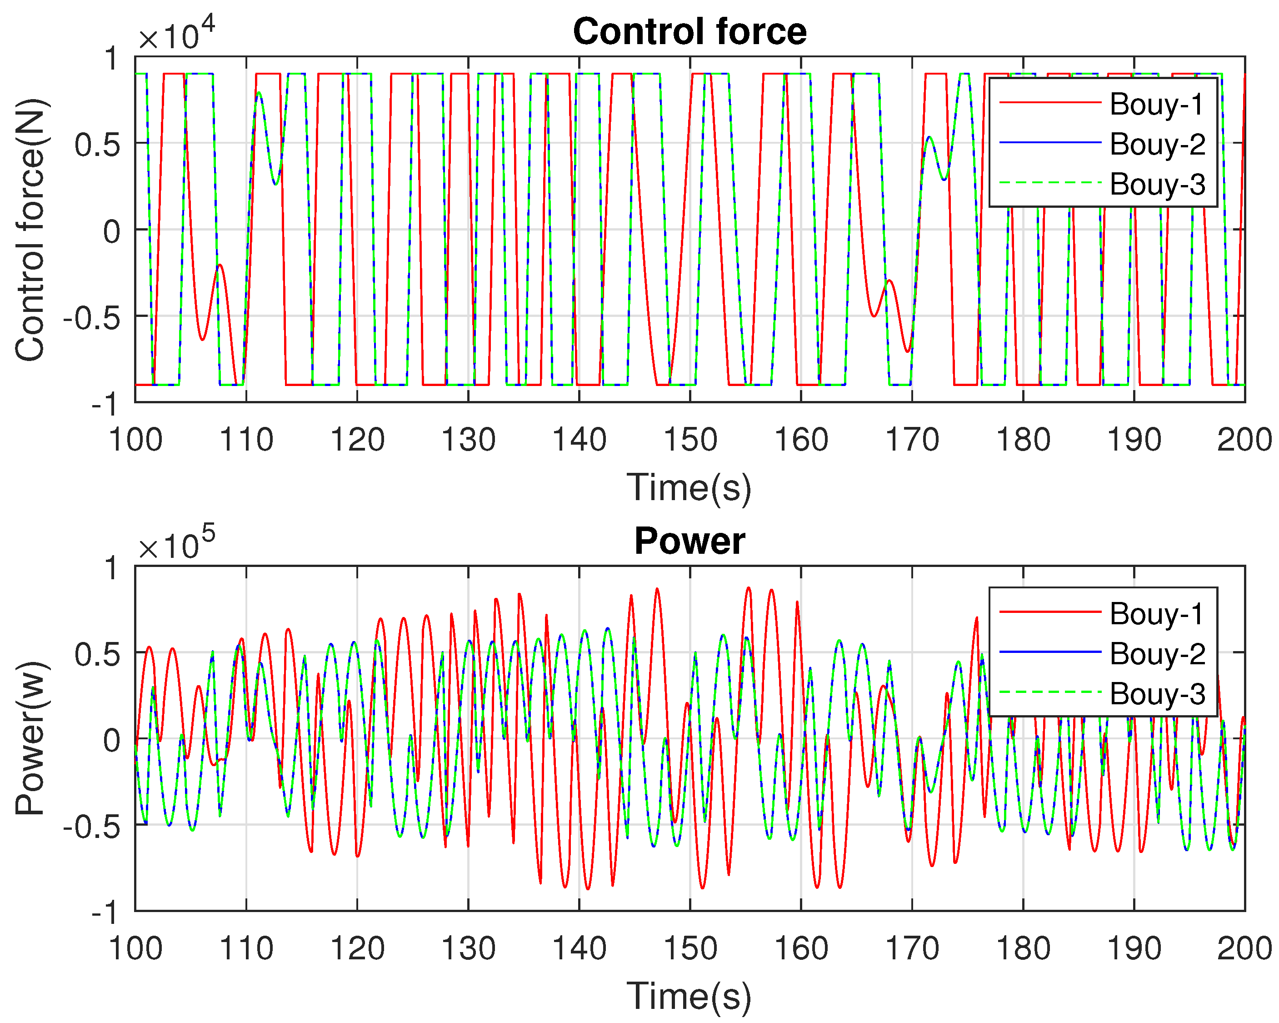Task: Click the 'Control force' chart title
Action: [689, 31]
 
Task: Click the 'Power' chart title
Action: [689, 541]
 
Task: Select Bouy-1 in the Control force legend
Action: [1156, 105]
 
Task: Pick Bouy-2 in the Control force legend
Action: [1157, 144]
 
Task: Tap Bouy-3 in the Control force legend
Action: [1157, 184]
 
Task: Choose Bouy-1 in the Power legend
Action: [1156, 613]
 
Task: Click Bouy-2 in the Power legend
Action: [1157, 654]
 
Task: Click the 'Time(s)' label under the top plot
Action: [689, 488]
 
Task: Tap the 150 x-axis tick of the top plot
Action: [690, 440]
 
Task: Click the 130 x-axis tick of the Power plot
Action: [468, 948]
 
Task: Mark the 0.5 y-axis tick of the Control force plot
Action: [97, 144]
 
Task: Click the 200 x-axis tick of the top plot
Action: [1244, 440]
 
